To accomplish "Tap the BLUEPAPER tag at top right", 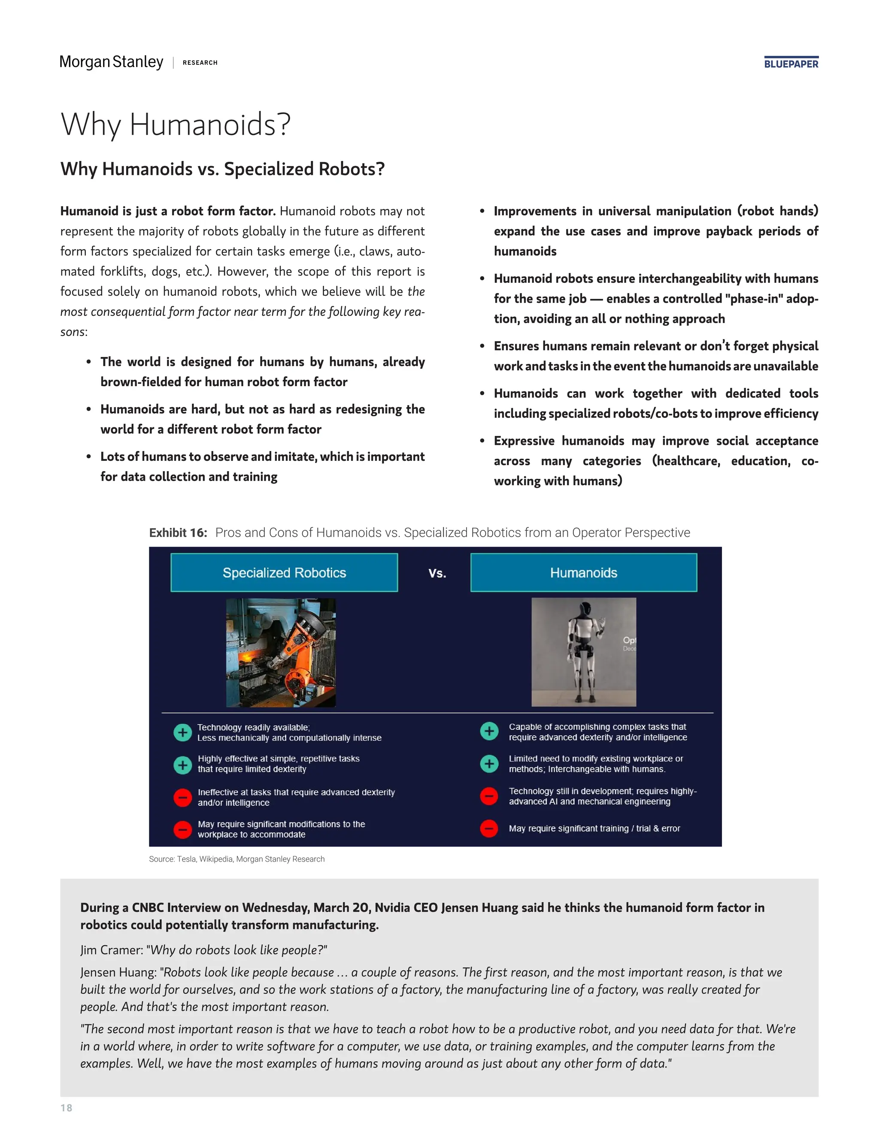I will pyautogui.click(x=791, y=64).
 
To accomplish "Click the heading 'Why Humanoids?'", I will pyautogui.click(x=176, y=124).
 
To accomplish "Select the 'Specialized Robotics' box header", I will pyautogui.click(x=284, y=573).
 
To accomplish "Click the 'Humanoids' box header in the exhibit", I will pyautogui.click(x=583, y=573).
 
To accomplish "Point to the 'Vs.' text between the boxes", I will pyautogui.click(x=437, y=573).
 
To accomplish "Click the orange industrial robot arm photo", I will pyautogui.click(x=281, y=652).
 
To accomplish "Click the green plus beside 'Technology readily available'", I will pyautogui.click(x=182, y=732).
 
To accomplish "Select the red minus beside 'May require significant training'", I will pyautogui.click(x=489, y=828).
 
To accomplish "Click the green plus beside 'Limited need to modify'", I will pyautogui.click(x=489, y=764).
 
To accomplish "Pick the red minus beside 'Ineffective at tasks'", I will pyautogui.click(x=182, y=798).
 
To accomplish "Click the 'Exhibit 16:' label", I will pyautogui.click(x=178, y=532).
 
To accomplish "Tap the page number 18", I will pyautogui.click(x=66, y=1108).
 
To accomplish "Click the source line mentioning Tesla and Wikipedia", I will pyautogui.click(x=236, y=859).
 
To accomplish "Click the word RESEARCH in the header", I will pyautogui.click(x=200, y=63).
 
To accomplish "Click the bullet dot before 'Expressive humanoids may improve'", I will pyautogui.click(x=482, y=441).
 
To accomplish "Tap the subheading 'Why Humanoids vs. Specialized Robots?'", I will pyautogui.click(x=222, y=169).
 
